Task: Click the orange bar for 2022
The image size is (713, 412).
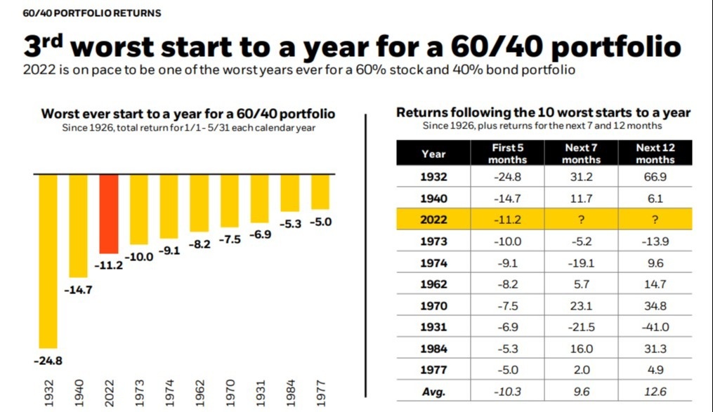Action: click(x=108, y=213)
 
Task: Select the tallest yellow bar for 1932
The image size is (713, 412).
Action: click(x=48, y=260)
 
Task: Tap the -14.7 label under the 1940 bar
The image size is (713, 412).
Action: click(x=78, y=290)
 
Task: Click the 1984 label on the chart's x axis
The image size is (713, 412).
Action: click(x=290, y=392)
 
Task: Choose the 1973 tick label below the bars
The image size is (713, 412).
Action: click(x=139, y=392)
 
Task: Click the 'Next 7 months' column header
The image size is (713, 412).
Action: click(x=582, y=153)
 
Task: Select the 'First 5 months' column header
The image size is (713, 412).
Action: click(x=506, y=153)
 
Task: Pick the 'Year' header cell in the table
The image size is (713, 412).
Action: click(x=433, y=153)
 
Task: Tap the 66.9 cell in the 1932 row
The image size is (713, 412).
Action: click(x=655, y=177)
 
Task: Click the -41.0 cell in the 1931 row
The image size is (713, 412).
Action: click(x=655, y=327)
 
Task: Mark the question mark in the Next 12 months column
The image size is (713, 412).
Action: click(x=655, y=220)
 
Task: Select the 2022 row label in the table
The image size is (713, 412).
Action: click(x=433, y=220)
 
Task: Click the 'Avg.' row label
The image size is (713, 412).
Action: click(x=433, y=392)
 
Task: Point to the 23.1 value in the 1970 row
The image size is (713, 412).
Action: click(x=582, y=306)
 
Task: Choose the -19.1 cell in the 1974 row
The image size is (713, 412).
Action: click(x=582, y=263)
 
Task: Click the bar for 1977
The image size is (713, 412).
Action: click(x=320, y=191)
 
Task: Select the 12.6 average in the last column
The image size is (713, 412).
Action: click(x=655, y=392)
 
